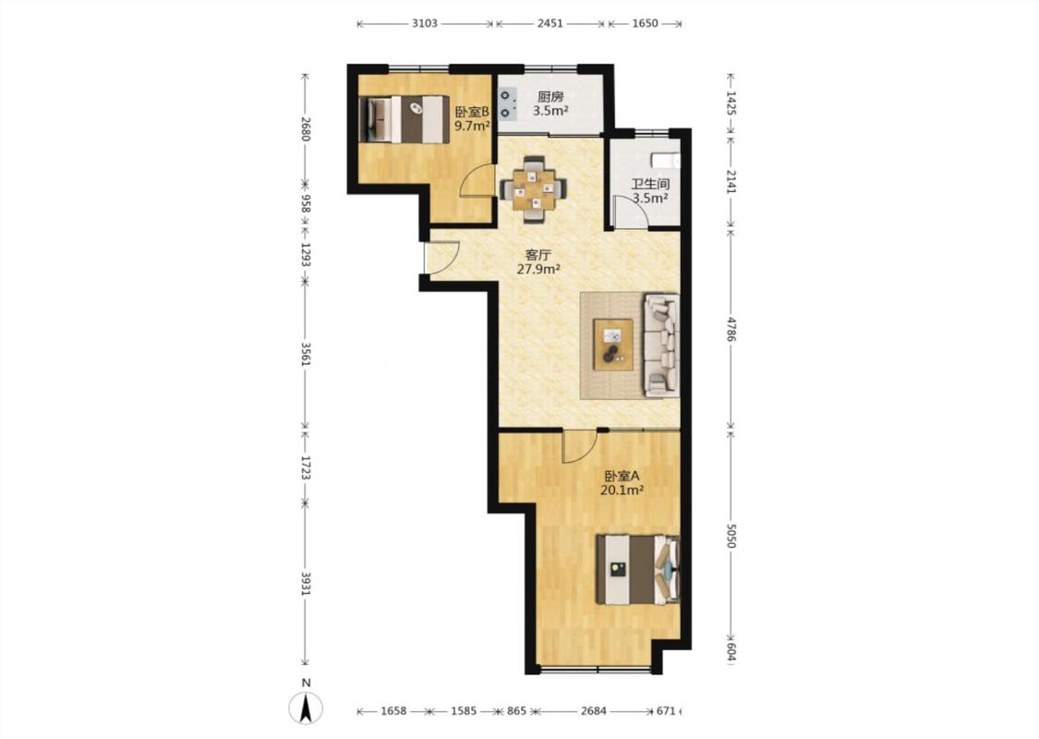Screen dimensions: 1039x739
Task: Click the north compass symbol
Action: click(306, 708)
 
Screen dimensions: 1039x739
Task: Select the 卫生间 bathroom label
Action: click(649, 184)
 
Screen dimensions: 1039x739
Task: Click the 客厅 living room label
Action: click(538, 255)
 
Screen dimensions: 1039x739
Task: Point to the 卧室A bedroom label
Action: click(622, 476)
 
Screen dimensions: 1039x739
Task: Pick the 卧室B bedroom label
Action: click(472, 112)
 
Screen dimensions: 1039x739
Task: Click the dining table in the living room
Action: click(534, 188)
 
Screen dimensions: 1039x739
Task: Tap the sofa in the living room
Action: click(661, 345)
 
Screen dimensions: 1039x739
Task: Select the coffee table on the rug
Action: click(613, 345)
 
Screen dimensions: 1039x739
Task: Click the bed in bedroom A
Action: click(638, 569)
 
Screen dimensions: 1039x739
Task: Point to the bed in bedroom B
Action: click(404, 119)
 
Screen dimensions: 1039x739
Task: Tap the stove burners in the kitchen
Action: click(507, 104)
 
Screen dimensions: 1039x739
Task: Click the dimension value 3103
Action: click(425, 24)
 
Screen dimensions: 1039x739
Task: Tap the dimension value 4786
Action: click(731, 329)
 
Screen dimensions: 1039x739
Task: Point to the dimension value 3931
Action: click(306, 584)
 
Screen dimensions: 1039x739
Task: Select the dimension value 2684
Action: click(593, 711)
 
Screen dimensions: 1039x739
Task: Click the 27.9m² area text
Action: click(538, 269)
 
